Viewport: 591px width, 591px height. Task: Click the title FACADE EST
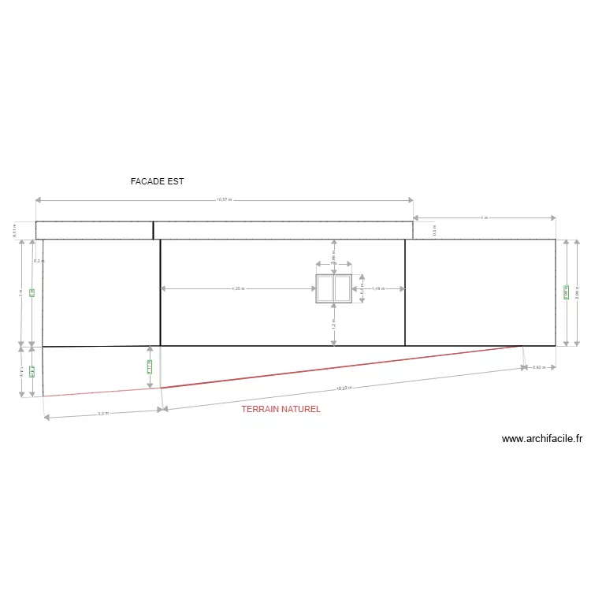coord(157,181)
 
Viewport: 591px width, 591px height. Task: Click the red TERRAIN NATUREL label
coord(281,410)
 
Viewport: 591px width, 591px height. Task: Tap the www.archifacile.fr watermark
coord(541,439)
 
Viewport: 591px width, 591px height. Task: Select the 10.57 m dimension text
coord(225,200)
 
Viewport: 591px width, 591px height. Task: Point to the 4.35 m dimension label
coord(238,289)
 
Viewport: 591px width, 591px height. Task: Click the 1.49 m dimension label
coord(378,289)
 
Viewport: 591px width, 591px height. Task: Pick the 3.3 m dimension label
coord(102,413)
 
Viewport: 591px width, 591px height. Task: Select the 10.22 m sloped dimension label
coord(343,388)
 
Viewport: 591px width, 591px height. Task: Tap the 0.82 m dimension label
coord(540,368)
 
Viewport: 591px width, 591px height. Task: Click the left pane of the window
coord(324,288)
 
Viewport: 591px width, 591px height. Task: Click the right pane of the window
coord(342,288)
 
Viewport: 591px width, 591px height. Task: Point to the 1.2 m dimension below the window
coord(333,322)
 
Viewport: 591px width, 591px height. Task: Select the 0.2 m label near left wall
coord(37,261)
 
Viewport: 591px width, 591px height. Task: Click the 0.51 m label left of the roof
coord(14,229)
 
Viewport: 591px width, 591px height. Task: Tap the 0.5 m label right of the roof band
coord(434,229)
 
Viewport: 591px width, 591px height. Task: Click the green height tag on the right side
coord(566,292)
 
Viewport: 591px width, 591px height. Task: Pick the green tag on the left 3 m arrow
coord(32,292)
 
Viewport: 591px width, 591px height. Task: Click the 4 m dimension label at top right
coord(484,217)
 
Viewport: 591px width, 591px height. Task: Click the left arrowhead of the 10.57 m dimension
coord(38,200)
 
